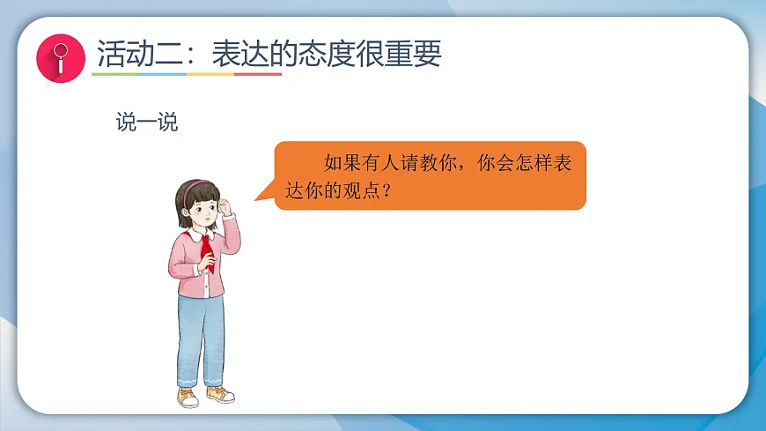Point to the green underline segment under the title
[x=115, y=75]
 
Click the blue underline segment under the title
[x=163, y=75]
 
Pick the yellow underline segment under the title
[x=210, y=75]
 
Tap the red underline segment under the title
[x=258, y=75]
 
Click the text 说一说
[x=146, y=123]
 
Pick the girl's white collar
[x=197, y=234]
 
